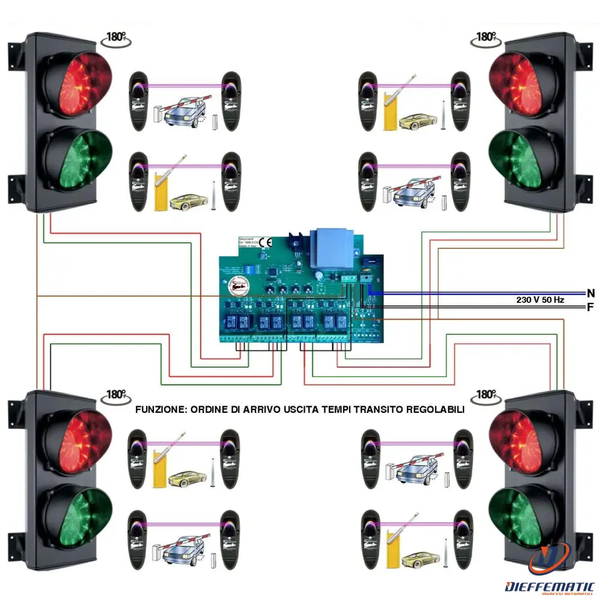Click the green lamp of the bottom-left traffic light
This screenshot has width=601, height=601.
coord(76,515)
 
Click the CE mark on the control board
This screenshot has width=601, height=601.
coord(269,242)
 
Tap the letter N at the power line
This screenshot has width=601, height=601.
coord(591,293)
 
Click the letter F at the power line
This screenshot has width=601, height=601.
coord(591,307)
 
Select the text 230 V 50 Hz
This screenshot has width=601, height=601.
coord(540,299)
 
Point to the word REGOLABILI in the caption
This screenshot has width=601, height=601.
coord(436,409)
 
